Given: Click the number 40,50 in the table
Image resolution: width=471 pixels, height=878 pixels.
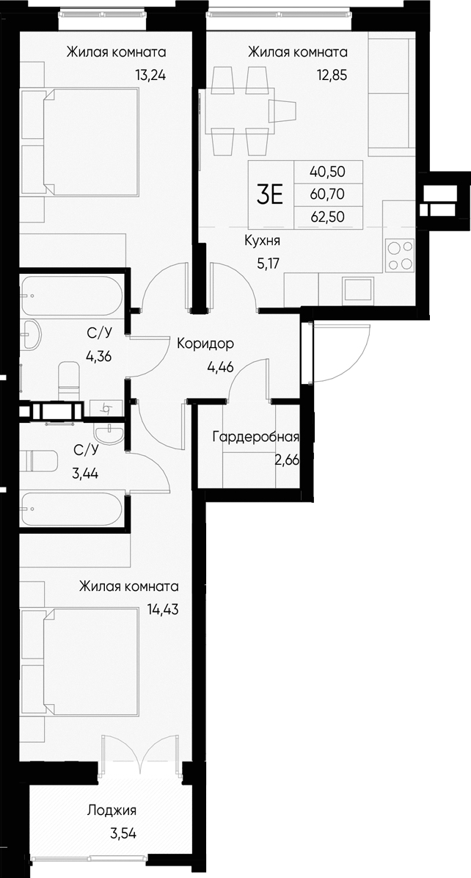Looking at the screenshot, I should [327, 173].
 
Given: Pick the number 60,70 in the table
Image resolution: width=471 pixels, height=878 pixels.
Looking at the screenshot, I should [327, 194].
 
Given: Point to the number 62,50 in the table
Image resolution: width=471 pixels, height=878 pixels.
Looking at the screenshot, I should [327, 215].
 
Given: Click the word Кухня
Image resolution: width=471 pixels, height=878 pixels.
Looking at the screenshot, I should [262, 239].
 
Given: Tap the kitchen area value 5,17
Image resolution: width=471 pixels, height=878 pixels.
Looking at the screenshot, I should [262, 259].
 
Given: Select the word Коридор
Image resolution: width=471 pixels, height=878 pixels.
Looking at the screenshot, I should [205, 343].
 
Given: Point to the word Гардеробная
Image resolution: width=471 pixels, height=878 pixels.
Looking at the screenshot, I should [255, 438].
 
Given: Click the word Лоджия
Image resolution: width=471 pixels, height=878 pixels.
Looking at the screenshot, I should [112, 810].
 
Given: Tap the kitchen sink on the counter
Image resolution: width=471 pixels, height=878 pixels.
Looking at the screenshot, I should [359, 289].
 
